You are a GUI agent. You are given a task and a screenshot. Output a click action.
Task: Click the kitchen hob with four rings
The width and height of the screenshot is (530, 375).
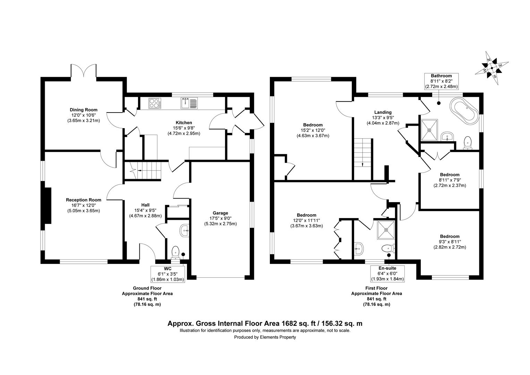pos(155,103)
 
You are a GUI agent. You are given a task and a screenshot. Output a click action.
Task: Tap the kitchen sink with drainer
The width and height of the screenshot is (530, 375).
pos(189,103)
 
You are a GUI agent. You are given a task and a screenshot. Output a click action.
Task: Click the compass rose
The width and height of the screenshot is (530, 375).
pos(492,68)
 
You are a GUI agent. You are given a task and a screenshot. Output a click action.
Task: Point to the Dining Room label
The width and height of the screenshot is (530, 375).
pos(84,110)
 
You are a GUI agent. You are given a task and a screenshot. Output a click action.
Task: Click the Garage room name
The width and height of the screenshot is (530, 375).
pos(220,213)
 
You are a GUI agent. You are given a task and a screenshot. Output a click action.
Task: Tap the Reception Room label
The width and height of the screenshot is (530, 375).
pos(84,200)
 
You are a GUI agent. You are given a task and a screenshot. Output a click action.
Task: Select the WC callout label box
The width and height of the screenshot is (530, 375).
pos(168,274)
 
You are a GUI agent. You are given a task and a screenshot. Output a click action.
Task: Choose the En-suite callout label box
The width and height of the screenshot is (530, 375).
pos(387,274)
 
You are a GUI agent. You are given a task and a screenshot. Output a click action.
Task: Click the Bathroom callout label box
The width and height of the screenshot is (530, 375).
pos(441,81)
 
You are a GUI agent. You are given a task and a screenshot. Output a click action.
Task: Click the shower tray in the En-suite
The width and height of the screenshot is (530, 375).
pos(386,230)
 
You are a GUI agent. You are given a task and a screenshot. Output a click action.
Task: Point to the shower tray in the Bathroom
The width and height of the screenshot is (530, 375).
pos(429,130)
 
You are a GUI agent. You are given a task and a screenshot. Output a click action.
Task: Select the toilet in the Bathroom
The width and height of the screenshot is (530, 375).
pos(468,143)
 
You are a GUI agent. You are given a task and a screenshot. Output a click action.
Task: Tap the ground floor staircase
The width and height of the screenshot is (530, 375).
pos(143,170)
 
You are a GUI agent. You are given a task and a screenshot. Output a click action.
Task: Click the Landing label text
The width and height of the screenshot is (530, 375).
pos(383,112)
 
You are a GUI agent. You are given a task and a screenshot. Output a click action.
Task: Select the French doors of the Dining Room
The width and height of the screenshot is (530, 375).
pos(84,70)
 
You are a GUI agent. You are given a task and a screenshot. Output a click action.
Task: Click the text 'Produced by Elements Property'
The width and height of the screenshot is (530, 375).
pos(265,337)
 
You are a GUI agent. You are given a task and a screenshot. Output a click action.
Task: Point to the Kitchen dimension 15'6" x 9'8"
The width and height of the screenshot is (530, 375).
pos(184,128)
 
